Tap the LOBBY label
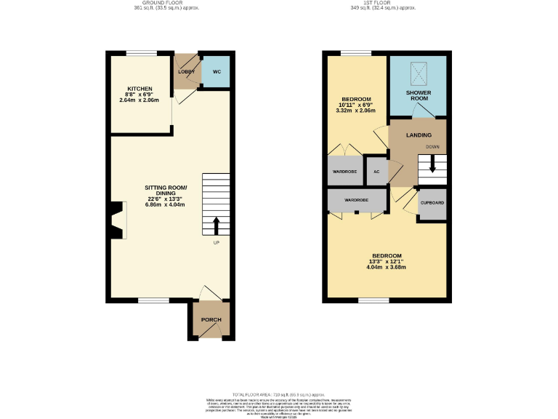186,71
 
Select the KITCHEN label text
139,89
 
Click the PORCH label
211,320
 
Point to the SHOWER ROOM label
418,97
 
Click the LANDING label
418,135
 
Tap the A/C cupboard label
376,172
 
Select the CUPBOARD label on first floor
432,202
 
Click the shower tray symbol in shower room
418,71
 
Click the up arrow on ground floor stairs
216,226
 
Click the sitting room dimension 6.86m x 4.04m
165,204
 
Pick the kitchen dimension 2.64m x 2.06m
139,100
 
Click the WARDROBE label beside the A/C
344,172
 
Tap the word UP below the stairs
216,242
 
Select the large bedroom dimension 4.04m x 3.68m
386,267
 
